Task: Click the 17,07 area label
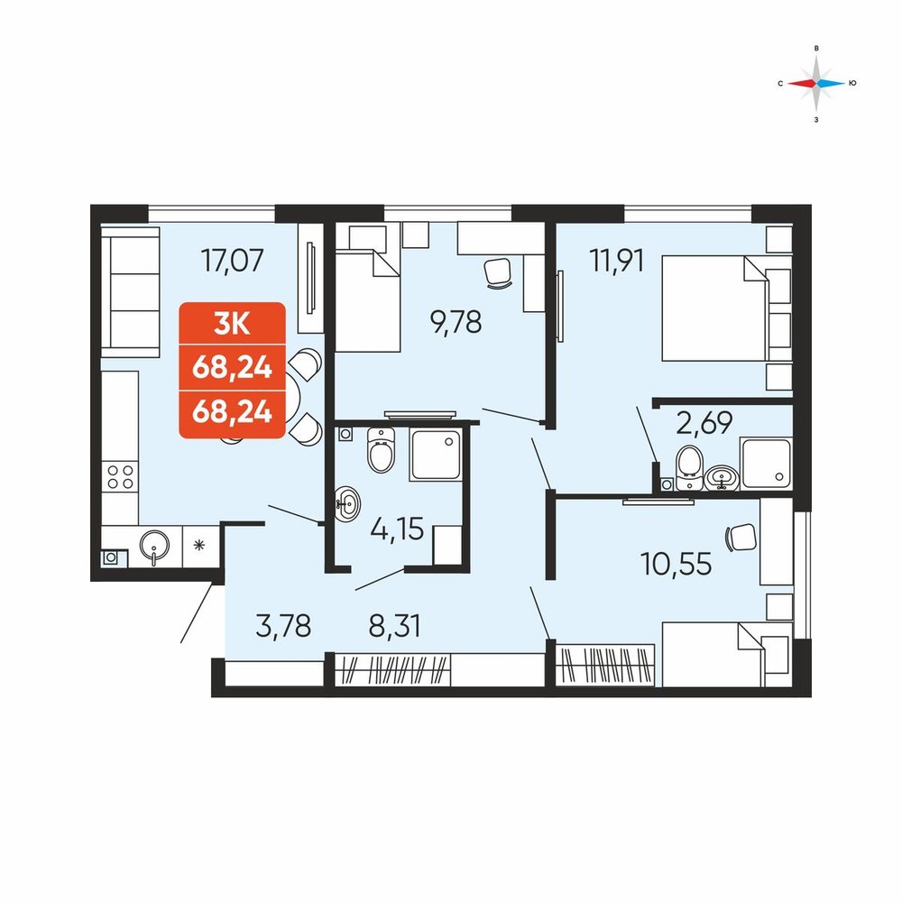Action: [x=233, y=260]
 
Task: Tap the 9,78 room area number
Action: [x=456, y=322]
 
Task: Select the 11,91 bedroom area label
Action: [x=617, y=261]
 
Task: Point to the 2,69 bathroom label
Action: [x=704, y=423]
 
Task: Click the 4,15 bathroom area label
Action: [x=397, y=529]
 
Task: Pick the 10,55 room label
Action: [x=676, y=565]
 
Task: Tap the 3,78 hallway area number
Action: [x=283, y=626]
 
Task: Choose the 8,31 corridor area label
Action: [x=395, y=626]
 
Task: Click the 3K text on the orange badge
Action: [x=232, y=325]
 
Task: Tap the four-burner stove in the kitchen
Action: [x=120, y=477]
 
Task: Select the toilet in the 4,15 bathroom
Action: [x=381, y=450]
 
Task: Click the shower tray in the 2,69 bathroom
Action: [x=767, y=464]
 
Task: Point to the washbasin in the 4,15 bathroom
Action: [x=347, y=502]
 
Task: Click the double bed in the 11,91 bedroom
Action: [x=715, y=308]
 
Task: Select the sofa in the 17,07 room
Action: [x=131, y=291]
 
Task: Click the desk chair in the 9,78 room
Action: [x=498, y=273]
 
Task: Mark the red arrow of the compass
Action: [x=802, y=83]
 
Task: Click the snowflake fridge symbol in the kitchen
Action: [x=199, y=545]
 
